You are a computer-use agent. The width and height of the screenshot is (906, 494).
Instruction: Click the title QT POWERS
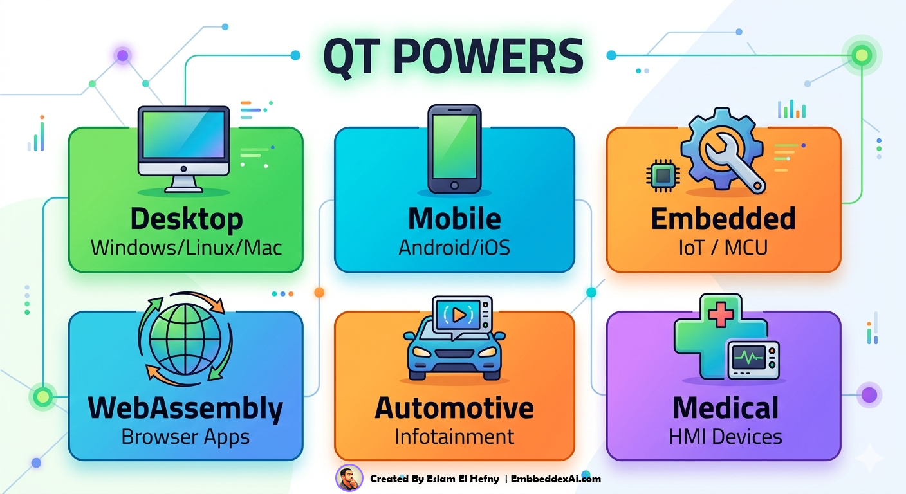coord(452,56)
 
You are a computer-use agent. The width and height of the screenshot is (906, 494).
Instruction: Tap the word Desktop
coord(186,219)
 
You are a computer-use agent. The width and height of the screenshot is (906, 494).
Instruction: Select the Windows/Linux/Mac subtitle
coord(186,248)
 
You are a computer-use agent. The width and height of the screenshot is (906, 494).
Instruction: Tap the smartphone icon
coord(454,148)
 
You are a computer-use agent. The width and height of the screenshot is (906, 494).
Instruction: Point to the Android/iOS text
coord(454,248)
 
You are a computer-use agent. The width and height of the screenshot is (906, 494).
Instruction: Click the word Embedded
coord(723,219)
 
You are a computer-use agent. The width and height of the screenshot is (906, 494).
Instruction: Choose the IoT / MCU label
coord(723,248)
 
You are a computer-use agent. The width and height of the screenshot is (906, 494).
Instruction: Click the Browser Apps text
coord(185,437)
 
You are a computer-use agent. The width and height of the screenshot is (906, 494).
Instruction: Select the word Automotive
coord(454,408)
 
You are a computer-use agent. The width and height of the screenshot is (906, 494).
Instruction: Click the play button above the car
coord(459,315)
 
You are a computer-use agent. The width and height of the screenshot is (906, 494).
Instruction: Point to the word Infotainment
coord(454,437)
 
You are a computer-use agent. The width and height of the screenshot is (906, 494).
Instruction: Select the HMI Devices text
coord(725,437)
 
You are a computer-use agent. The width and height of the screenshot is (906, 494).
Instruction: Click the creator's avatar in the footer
coord(349,479)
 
